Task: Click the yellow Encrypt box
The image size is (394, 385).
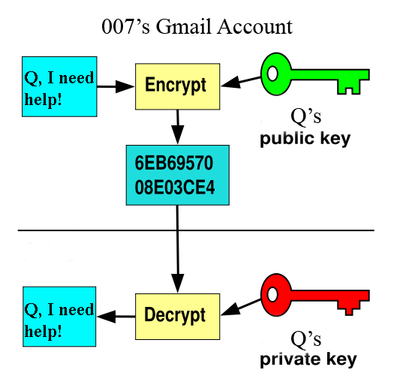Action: tap(176, 85)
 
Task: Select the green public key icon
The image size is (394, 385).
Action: tap(315, 74)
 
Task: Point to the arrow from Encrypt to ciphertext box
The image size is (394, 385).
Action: tap(176, 125)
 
